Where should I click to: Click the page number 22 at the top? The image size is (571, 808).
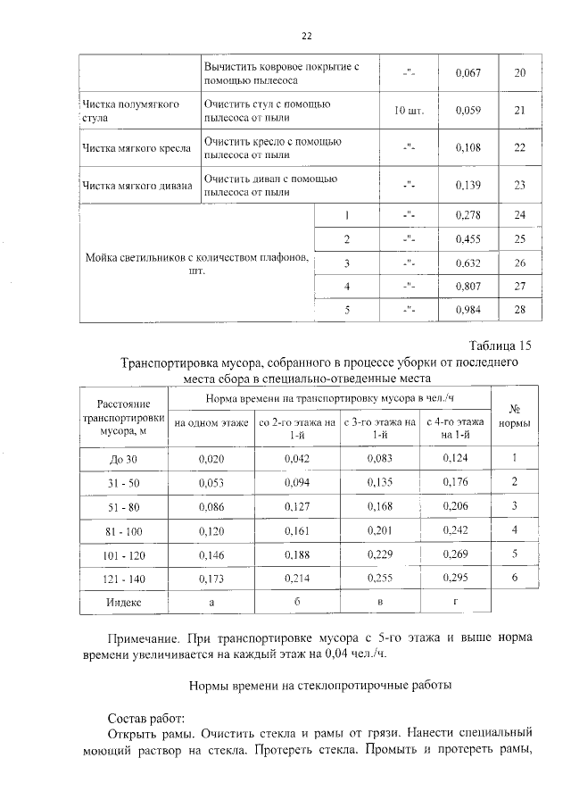pos(306,37)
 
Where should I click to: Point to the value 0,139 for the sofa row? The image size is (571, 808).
pos(468,186)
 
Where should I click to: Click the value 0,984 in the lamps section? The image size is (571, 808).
pos(468,308)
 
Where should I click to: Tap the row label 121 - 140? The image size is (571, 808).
pos(124,579)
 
